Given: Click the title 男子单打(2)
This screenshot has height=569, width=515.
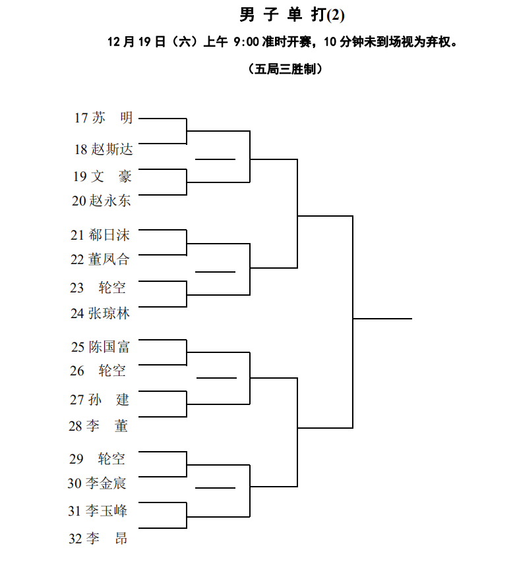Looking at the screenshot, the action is click(292, 15).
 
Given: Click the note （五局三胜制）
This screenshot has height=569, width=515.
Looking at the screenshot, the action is click(286, 68).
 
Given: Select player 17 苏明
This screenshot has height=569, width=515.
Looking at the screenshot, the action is click(104, 118).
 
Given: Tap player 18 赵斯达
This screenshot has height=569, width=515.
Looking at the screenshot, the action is click(104, 149).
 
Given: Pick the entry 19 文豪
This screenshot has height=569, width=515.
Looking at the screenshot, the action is click(102, 176).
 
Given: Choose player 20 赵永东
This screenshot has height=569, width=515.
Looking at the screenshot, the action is click(101, 201).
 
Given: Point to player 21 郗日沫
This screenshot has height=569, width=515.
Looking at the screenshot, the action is click(100, 235).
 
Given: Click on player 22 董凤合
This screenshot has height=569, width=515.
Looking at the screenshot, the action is click(100, 259).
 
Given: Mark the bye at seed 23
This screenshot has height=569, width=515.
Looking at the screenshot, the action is click(98, 288).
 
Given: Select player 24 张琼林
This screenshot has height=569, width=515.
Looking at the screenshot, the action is click(100, 313).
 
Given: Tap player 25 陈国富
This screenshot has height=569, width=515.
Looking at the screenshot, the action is click(100, 347).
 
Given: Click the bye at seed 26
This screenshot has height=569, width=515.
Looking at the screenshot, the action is click(98, 371).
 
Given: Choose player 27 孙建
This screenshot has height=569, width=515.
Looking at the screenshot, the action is click(99, 400).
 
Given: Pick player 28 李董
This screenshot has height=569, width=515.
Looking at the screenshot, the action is click(98, 425).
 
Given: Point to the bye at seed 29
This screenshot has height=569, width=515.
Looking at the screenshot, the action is click(97, 458).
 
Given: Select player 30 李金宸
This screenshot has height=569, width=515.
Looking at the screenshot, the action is click(97, 483).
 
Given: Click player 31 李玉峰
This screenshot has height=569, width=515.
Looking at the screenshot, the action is click(98, 510).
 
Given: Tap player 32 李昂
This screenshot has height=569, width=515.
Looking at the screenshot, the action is click(98, 538).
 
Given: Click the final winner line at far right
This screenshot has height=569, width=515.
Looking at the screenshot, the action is click(382, 319).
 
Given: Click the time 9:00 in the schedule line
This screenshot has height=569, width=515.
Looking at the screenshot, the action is click(246, 41).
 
